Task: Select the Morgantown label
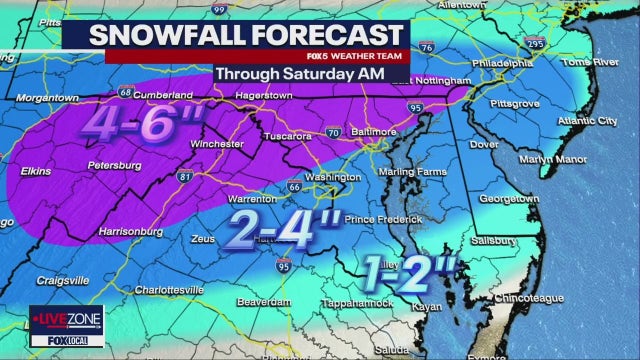pos(44,98)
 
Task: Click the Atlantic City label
pos(586,122)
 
